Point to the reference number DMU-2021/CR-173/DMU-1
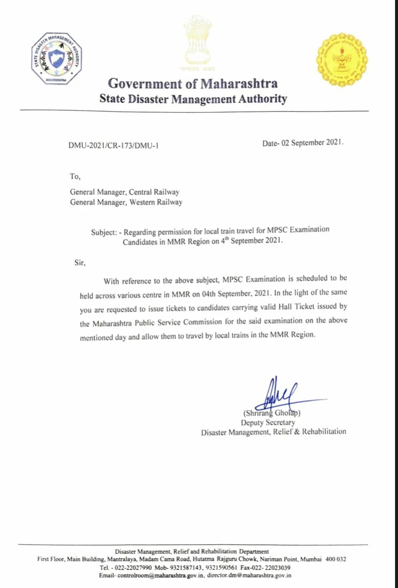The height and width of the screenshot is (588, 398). point(114,145)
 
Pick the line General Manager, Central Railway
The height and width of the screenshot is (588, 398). point(124,192)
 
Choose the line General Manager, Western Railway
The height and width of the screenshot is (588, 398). point(126,202)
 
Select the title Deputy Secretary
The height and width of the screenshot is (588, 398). point(268,423)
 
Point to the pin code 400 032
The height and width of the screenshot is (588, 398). point(336,559)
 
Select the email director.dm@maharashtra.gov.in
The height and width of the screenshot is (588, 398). point(249,576)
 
